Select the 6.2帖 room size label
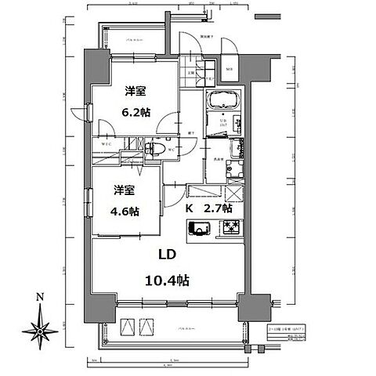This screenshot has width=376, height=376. coord(131,111)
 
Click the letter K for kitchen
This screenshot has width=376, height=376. coord(189,209)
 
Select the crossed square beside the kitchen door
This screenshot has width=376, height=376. coord(233,193)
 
